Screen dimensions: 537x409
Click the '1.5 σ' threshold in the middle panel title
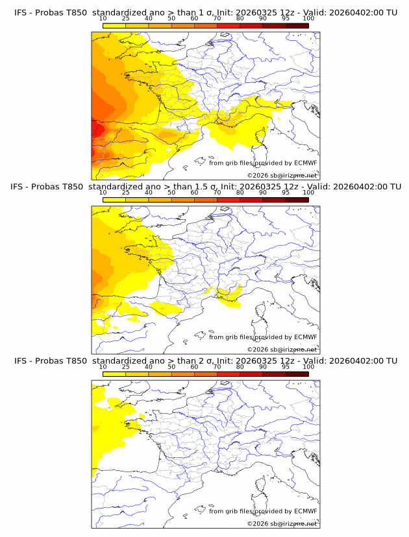coord(207,187)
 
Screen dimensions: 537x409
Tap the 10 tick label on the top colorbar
coord(103,19)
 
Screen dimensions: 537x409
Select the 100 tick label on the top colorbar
coord(308,19)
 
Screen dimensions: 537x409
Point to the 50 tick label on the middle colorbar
coord(171,193)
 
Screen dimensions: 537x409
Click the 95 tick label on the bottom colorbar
coord(286,367)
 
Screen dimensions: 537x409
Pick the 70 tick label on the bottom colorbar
coord(217,367)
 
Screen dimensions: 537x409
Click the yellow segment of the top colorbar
coord(114,25)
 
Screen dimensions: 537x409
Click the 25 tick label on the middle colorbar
coord(126,193)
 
